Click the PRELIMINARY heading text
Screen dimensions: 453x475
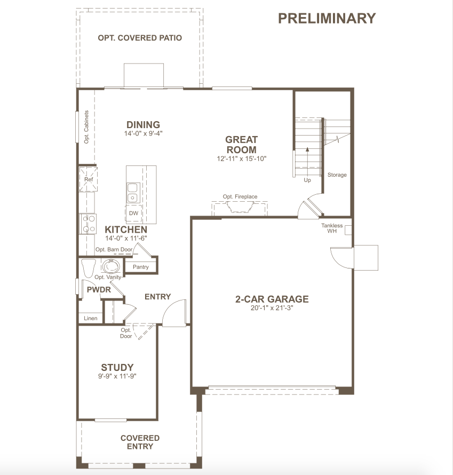[x=327, y=18]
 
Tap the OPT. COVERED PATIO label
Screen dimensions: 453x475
[x=140, y=38]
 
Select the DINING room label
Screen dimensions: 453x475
[x=143, y=124]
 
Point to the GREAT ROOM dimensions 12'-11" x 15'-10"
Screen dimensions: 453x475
[x=242, y=159]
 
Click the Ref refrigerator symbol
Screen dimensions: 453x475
[x=89, y=179]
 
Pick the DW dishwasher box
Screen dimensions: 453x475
[x=133, y=213]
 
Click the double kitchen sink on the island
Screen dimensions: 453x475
[x=133, y=193]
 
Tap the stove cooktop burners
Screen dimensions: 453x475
[x=88, y=224]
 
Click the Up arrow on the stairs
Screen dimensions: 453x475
[x=307, y=161]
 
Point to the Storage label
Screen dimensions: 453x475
[x=337, y=175]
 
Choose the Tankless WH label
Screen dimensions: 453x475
[x=332, y=228]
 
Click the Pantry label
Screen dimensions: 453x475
[x=141, y=267]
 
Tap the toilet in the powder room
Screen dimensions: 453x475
[x=89, y=268]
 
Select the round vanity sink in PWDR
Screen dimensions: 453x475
[x=111, y=266]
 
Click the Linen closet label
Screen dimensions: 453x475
[x=91, y=318]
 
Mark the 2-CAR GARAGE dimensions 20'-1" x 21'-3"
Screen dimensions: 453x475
[x=272, y=308]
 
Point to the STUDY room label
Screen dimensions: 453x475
[x=117, y=368]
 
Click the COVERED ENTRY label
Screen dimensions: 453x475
[x=140, y=442]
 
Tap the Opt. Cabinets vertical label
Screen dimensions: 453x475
[x=86, y=127]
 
